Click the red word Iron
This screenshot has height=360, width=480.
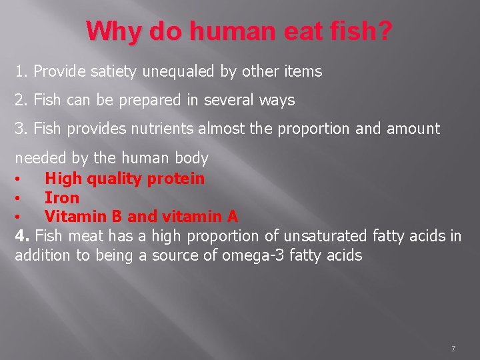point(62,198)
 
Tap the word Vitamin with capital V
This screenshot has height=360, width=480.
point(70,217)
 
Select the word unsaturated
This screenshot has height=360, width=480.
point(325,235)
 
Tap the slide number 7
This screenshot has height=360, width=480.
point(453,349)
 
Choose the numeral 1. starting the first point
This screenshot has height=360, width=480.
point(21,71)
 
